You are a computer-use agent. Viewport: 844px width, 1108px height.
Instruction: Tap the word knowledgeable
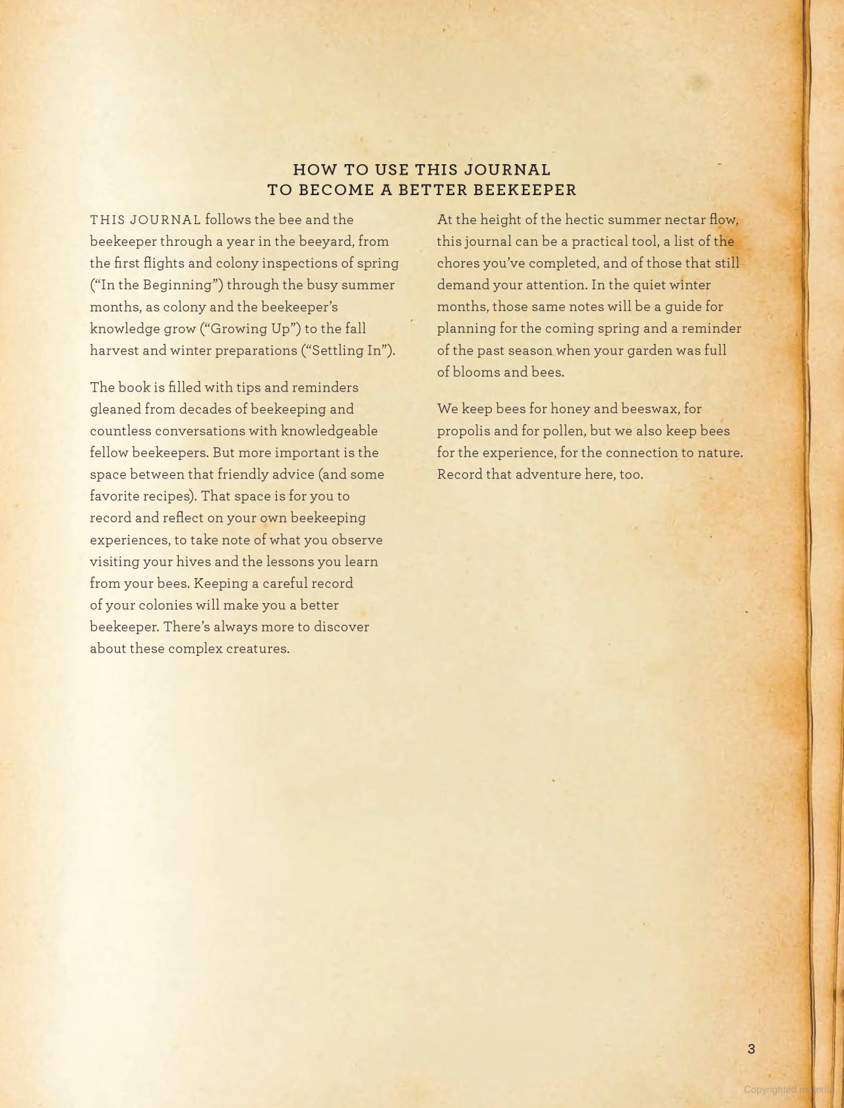click(x=329, y=430)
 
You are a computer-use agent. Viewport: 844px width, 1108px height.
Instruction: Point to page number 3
click(x=751, y=1049)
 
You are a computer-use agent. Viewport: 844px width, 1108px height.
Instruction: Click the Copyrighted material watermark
click(x=788, y=1090)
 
